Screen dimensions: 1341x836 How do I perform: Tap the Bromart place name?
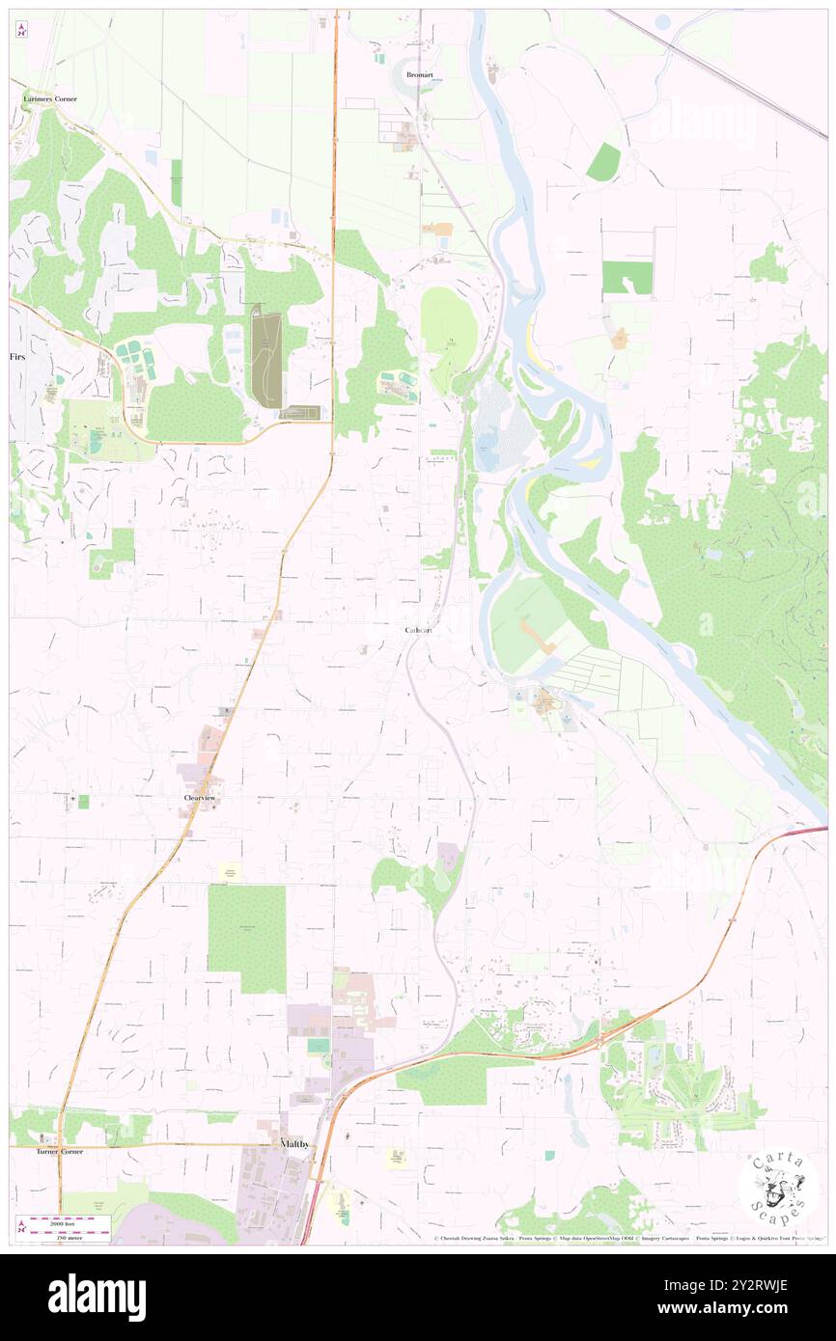click(420, 74)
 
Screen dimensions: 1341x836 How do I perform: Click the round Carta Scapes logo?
click(778, 1189)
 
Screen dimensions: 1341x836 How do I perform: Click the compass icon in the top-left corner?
click(21, 31)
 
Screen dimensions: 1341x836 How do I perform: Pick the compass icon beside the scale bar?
click(21, 1225)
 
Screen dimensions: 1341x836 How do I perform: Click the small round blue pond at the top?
click(661, 20)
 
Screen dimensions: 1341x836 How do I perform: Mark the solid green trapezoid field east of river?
click(603, 162)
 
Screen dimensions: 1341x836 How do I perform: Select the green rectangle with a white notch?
click(627, 277)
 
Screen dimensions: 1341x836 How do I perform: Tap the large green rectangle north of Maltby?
click(247, 938)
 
